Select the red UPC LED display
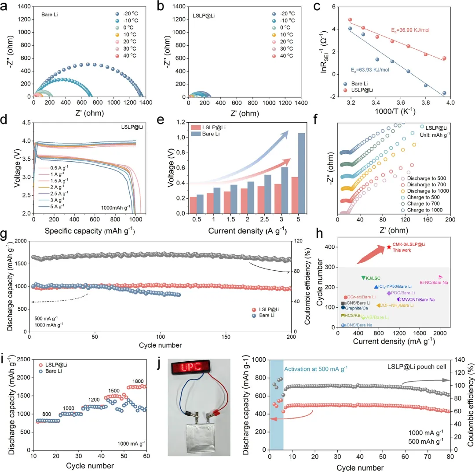pos(190,367)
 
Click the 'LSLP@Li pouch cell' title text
pos(416,366)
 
